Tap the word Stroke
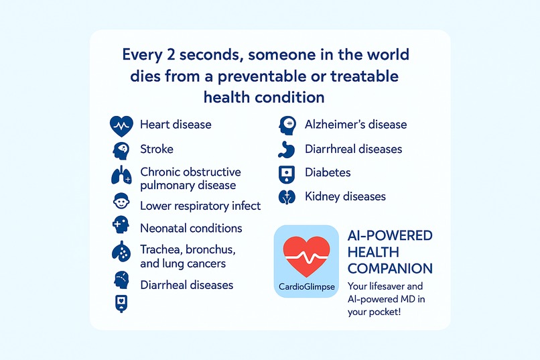[156, 149]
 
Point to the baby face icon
[120, 202]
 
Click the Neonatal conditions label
[191, 228]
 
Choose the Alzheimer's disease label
[355, 125]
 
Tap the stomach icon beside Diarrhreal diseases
[287, 149]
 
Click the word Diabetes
[328, 172]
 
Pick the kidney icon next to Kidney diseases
[287, 197]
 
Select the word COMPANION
[390, 269]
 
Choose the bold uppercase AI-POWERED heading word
[390, 236]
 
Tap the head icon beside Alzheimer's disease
[287, 125]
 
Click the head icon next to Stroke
[120, 149]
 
